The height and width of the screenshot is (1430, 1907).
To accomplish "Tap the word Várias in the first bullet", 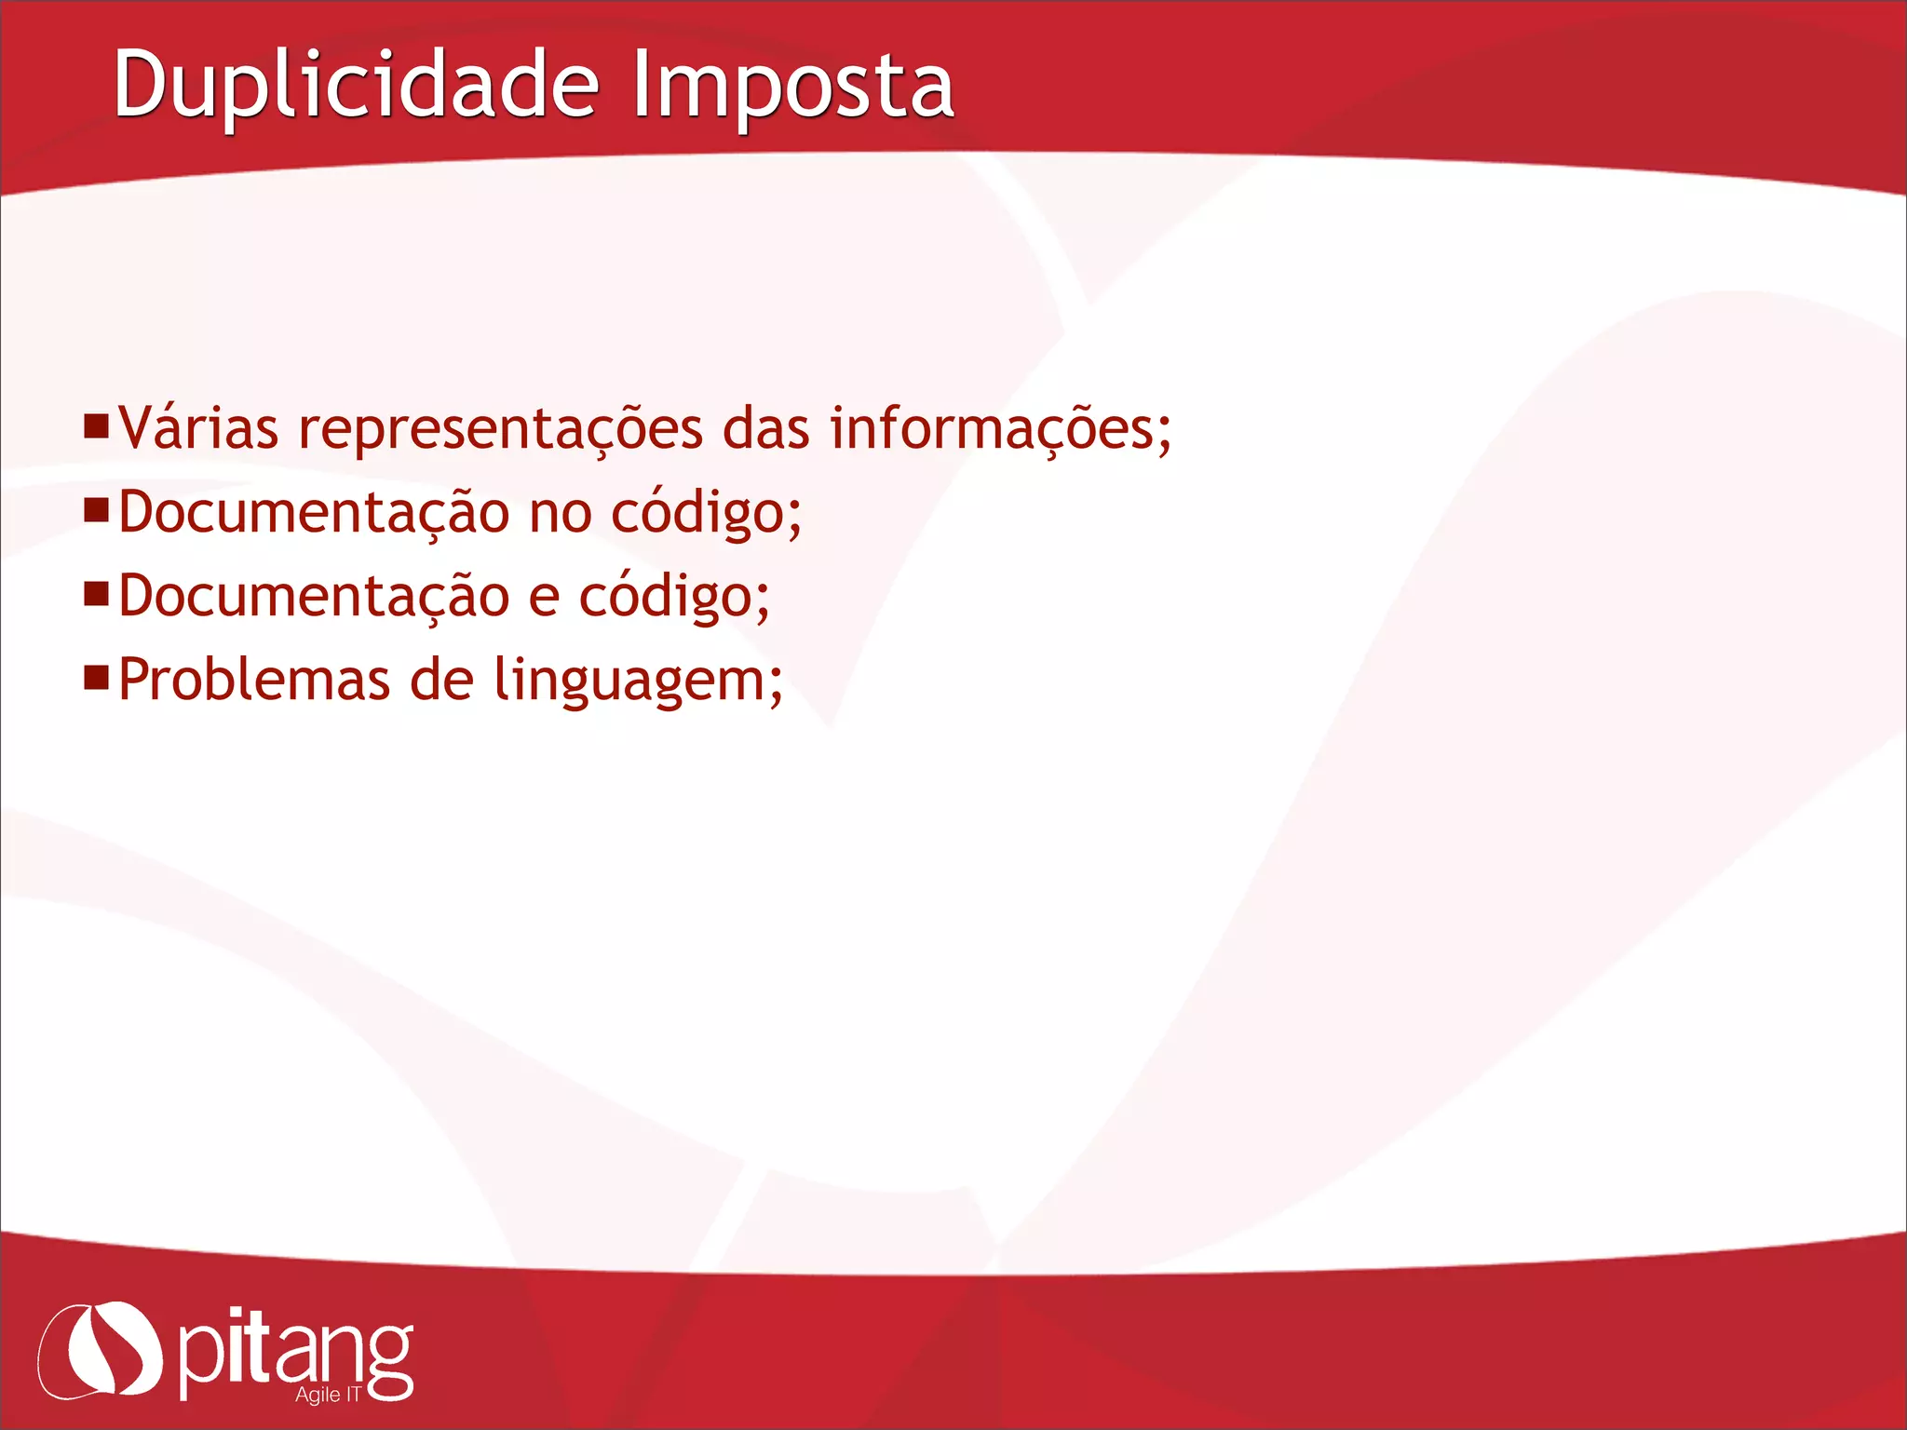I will (x=198, y=429).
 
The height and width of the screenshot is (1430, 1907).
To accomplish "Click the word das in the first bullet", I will (x=766, y=429).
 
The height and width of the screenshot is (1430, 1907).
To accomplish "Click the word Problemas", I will (x=253, y=681).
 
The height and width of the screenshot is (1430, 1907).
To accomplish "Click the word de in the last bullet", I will (x=441, y=681).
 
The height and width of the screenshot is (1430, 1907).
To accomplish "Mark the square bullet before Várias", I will (x=96, y=427).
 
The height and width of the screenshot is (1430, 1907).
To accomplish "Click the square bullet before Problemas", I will (x=96, y=677).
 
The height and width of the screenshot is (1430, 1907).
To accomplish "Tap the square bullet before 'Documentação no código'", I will (x=96, y=510).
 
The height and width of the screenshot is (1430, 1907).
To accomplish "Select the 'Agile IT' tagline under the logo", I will (x=328, y=1395).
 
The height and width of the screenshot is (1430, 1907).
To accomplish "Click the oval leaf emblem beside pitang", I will (x=100, y=1350).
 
